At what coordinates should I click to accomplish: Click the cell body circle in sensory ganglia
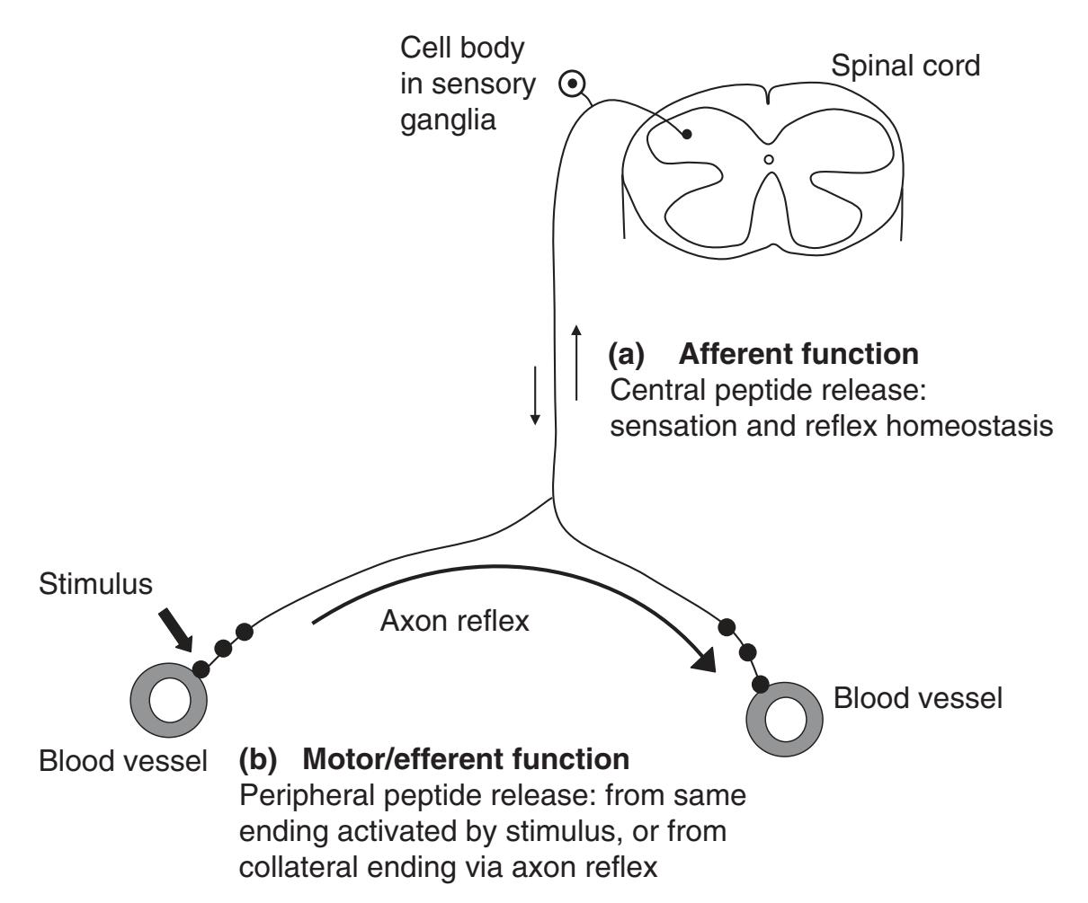(x=569, y=84)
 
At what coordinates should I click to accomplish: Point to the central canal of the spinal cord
(x=768, y=160)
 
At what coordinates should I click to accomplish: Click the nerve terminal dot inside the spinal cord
(x=687, y=134)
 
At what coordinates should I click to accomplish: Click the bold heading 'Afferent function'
(x=798, y=354)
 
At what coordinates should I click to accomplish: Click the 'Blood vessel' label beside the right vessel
(x=917, y=697)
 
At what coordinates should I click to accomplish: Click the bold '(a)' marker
(x=626, y=354)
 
